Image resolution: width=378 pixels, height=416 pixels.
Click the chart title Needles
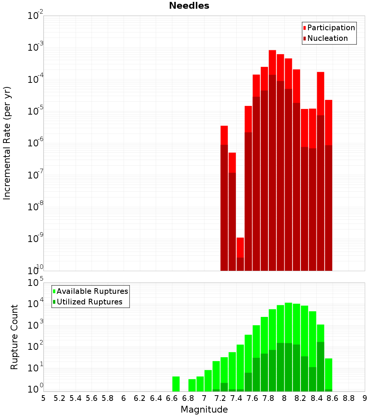189,6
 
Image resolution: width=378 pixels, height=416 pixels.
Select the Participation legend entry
331,28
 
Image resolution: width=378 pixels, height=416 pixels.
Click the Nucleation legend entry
327,39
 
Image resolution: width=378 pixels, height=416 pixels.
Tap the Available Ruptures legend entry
92,291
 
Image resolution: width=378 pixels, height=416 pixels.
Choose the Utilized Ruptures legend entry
89,302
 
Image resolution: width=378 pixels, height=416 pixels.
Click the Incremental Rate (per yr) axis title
7,143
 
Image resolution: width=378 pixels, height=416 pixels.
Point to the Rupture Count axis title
14,337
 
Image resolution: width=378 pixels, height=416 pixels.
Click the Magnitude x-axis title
204,410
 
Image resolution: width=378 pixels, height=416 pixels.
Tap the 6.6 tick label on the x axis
172,398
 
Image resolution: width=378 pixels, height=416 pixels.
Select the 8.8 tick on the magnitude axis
349,398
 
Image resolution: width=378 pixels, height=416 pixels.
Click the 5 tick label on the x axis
43,398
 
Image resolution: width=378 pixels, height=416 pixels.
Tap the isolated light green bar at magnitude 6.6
176,383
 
